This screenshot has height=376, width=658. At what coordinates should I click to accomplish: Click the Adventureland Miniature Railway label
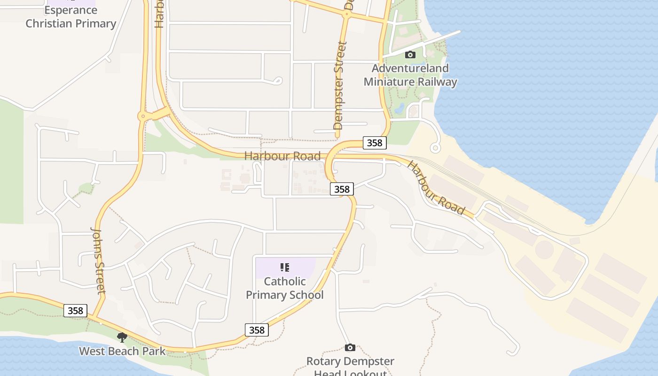tap(410, 75)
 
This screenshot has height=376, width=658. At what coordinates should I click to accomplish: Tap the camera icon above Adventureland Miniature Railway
tap(410, 55)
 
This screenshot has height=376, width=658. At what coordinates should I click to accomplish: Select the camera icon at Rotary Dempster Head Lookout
tap(350, 348)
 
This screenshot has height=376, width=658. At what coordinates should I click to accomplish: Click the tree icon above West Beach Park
tap(122, 337)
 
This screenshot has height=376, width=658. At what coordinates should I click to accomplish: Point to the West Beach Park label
tap(122, 351)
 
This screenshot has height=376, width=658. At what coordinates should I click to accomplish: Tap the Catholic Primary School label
tap(285, 288)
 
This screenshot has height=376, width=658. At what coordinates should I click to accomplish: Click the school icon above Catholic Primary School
tap(285, 268)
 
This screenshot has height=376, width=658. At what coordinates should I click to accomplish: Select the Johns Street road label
tap(98, 260)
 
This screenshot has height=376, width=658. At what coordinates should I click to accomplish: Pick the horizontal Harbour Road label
tap(282, 156)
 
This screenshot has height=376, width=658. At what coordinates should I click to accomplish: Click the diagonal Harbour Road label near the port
tap(436, 188)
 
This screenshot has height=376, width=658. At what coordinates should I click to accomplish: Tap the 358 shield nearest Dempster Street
tap(374, 143)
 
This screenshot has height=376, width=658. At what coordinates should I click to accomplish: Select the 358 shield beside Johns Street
tap(75, 311)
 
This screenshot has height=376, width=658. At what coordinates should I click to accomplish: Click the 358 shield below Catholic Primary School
tap(257, 330)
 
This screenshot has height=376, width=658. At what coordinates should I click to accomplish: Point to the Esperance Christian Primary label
tap(70, 17)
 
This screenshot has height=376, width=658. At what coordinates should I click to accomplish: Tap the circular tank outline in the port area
tap(544, 250)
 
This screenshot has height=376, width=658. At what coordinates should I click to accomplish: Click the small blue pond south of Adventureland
tap(399, 109)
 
